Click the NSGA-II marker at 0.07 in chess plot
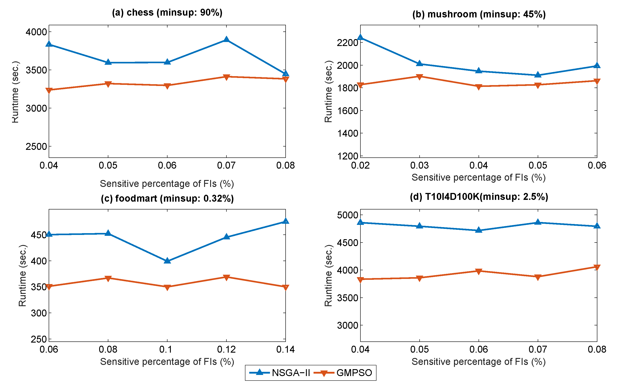(226, 40)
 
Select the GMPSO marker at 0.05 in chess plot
(108, 84)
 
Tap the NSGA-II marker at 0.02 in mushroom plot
(360, 38)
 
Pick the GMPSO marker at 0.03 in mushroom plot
(419, 76)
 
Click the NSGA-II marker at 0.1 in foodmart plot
(167, 260)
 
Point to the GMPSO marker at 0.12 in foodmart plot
(226, 277)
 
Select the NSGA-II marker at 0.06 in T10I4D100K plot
(479, 230)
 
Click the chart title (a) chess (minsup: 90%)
(167, 13)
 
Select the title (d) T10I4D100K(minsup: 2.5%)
(479, 197)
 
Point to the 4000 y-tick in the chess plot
(36, 32)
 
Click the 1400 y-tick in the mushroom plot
(347, 133)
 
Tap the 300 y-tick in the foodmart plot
(39, 313)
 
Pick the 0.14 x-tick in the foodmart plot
(285, 349)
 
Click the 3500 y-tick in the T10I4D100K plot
(347, 298)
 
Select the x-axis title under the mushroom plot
(479, 178)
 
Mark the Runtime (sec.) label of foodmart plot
(22, 275)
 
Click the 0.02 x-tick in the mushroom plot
(360, 165)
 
